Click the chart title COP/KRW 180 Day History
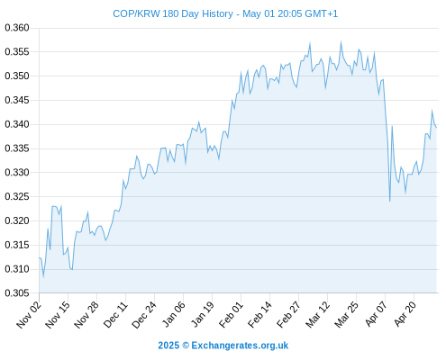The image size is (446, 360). click(x=173, y=14)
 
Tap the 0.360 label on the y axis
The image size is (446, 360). click(x=17, y=28)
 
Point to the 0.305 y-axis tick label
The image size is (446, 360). click(x=17, y=293)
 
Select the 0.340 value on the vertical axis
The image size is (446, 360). click(x=17, y=124)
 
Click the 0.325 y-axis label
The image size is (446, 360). click(x=17, y=197)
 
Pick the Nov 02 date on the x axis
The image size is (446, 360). click(x=29, y=315)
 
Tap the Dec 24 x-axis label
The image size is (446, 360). click(x=144, y=315)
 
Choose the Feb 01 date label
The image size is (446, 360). click(x=231, y=315)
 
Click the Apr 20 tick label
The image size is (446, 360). click(x=405, y=314)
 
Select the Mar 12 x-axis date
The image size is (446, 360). click(x=318, y=315)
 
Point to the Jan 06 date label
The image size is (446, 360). click(x=174, y=314)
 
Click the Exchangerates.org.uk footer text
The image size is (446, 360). click(x=240, y=346)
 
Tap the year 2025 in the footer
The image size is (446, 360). click(x=168, y=346)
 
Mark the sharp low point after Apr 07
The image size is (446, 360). click(x=390, y=201)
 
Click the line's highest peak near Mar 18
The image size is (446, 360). click(x=341, y=41)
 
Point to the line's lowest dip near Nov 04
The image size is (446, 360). click(x=43, y=276)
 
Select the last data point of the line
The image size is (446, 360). click(x=436, y=128)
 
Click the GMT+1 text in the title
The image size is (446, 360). click(x=322, y=14)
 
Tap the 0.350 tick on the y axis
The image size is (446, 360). click(x=17, y=76)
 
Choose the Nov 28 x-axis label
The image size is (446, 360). click(x=86, y=315)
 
